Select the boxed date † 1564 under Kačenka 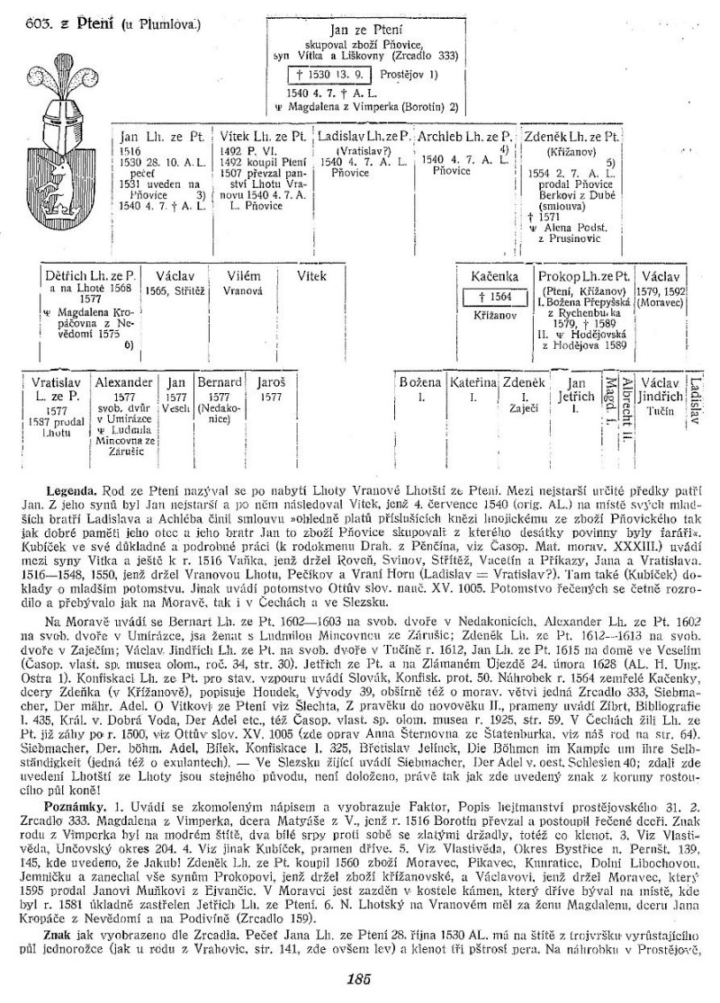coord(490,298)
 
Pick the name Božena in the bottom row coord(420,381)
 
